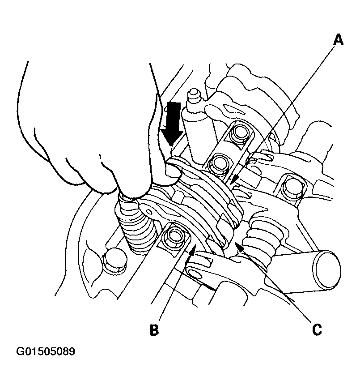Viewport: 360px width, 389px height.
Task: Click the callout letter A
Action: (x=338, y=40)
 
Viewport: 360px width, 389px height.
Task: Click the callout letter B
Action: (x=154, y=330)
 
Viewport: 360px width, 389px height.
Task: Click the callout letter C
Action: (x=317, y=330)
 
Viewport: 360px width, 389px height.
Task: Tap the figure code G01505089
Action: (x=45, y=351)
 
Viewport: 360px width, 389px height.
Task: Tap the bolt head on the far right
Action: (x=292, y=186)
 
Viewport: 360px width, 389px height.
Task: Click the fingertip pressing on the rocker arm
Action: (x=173, y=171)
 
